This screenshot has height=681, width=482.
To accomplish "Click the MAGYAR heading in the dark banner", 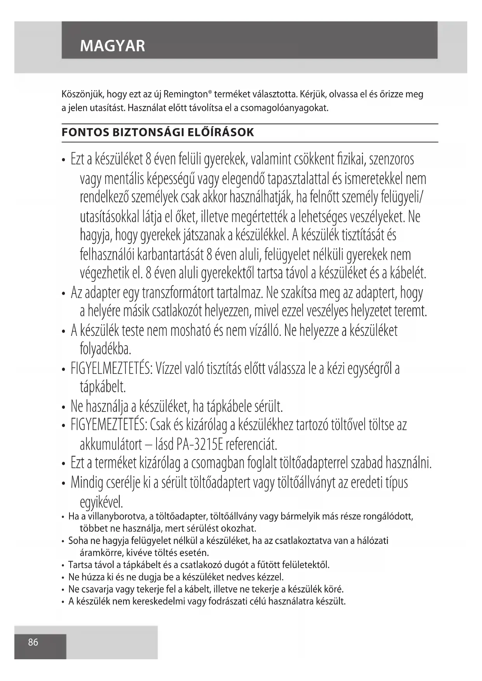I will [x=112, y=46].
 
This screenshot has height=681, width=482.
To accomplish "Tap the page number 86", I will [x=33, y=642].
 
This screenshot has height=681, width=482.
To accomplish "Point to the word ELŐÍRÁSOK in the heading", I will [x=221, y=132].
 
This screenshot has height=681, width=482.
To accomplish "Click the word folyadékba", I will [x=105, y=349].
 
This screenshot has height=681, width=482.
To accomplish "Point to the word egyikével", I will [x=101, y=502].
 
